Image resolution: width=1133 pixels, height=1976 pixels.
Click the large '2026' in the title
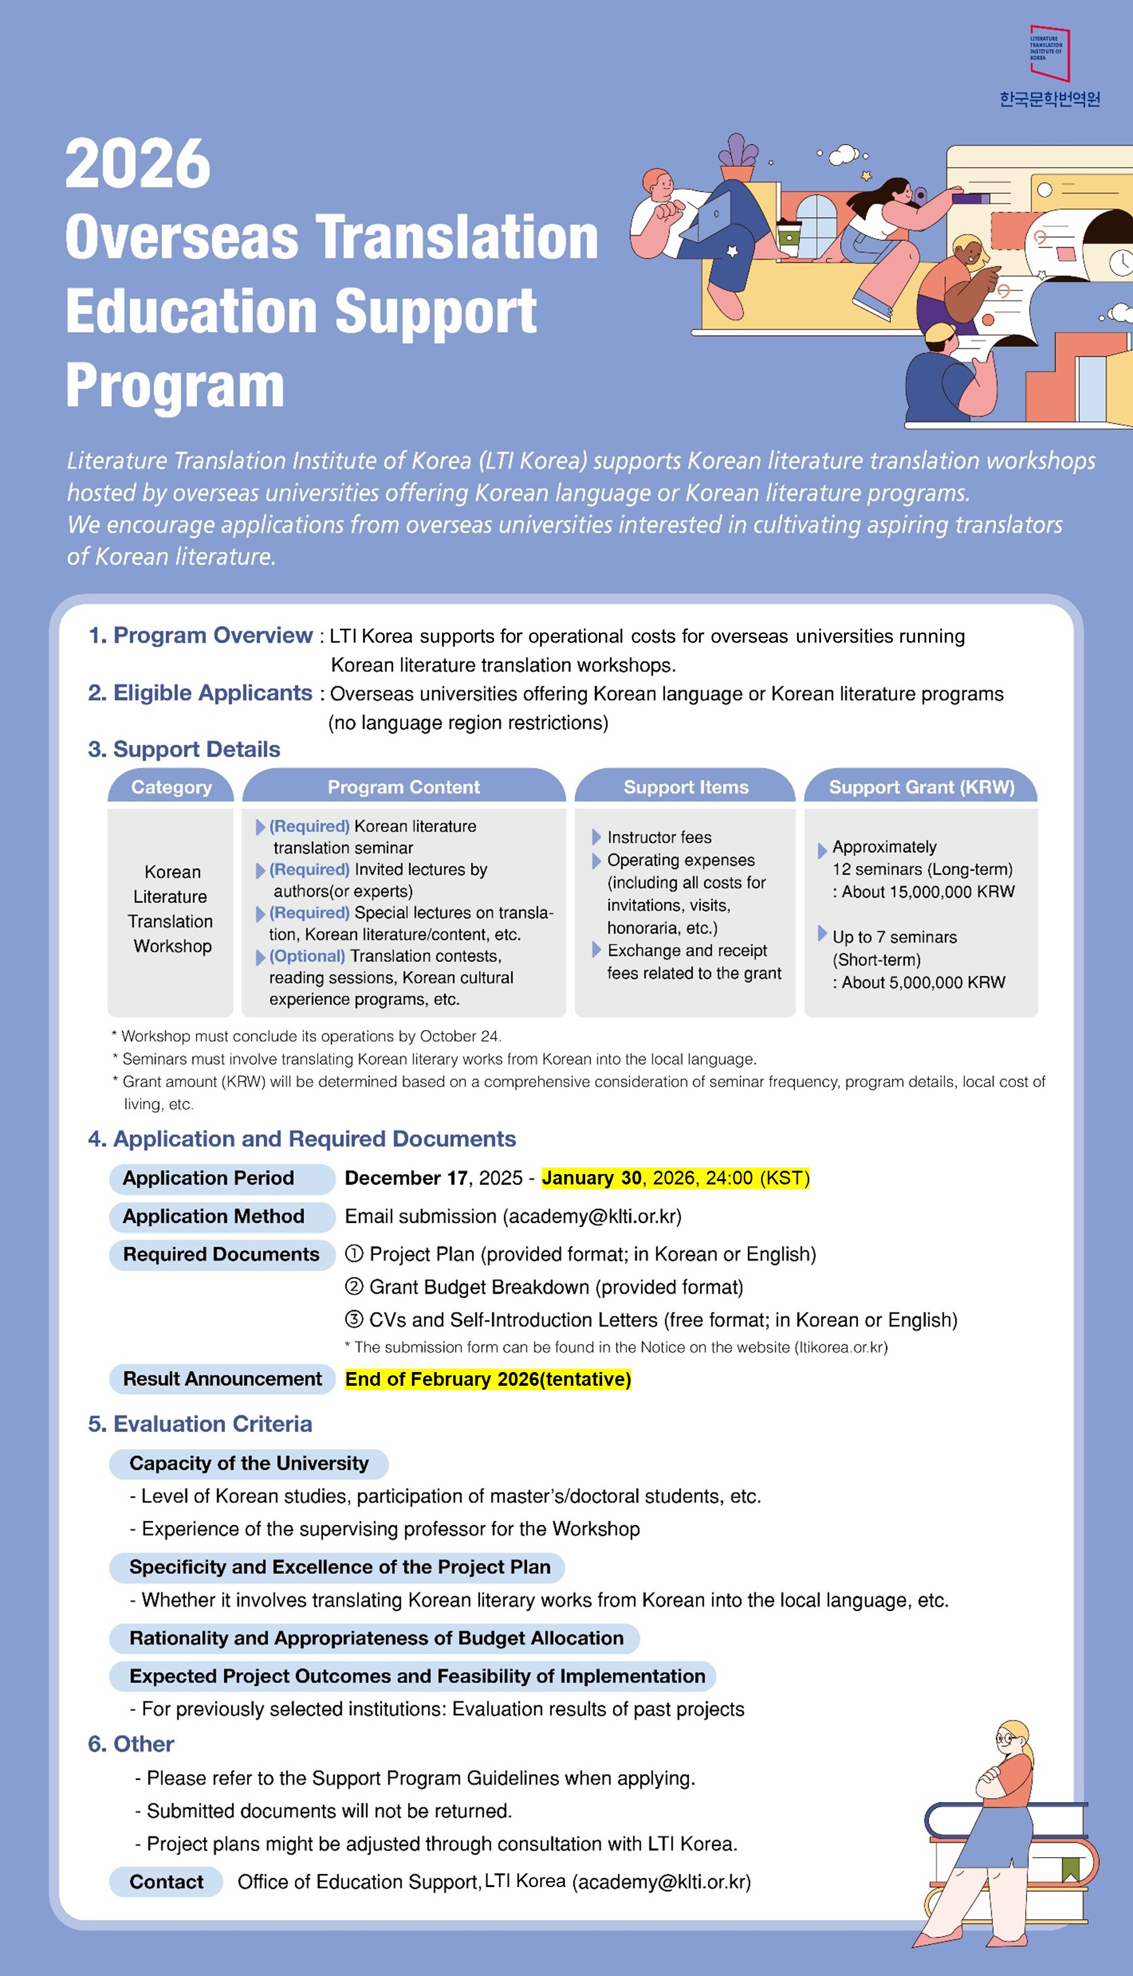138,163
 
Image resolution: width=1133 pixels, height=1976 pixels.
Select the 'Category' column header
171,786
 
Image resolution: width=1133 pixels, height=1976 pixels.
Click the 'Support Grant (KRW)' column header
921,786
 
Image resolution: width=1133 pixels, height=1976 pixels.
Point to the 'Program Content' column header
403,786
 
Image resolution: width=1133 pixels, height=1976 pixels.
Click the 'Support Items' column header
686,786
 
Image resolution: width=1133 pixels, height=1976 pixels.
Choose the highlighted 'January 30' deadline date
592,1178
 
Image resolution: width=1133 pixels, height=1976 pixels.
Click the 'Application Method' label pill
214,1216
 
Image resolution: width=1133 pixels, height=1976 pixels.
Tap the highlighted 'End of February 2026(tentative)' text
488,1379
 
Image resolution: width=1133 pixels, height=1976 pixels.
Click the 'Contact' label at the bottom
166,1881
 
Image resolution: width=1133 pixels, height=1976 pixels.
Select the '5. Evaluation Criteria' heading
200,1424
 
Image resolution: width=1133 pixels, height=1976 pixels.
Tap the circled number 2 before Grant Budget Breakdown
354,1287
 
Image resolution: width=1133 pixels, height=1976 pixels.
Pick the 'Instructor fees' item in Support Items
658,837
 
